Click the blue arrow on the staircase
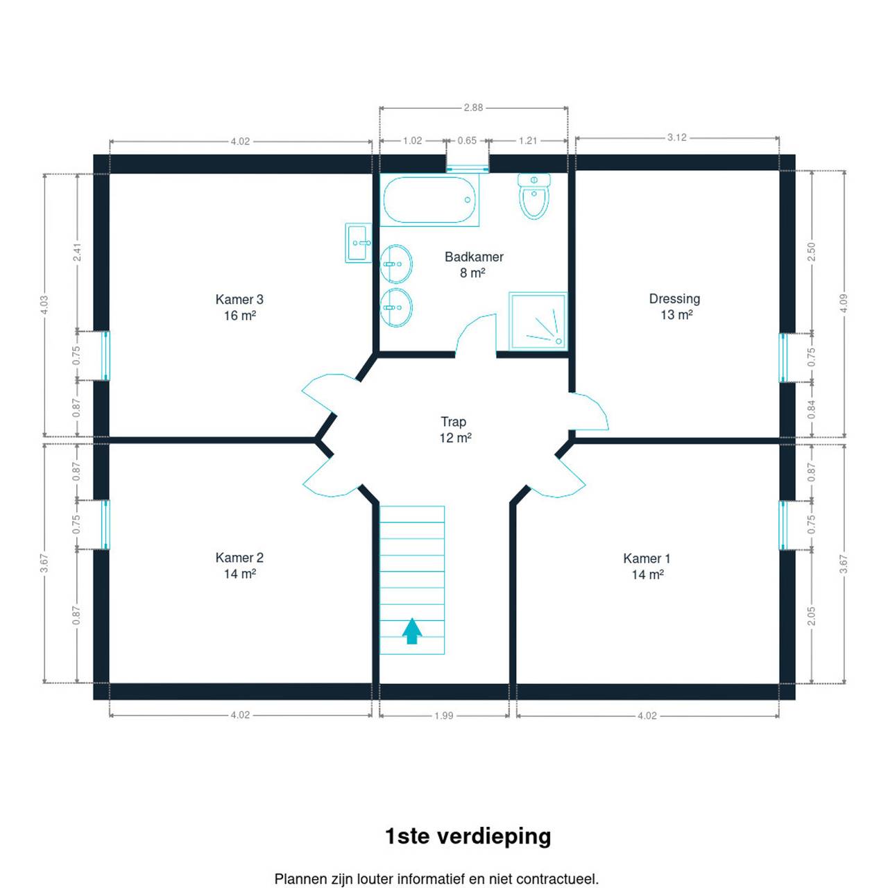(x=411, y=631)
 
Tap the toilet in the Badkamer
(x=533, y=196)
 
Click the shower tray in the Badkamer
(x=538, y=321)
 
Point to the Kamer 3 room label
(x=239, y=307)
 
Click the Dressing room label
(x=674, y=307)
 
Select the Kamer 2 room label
(x=239, y=565)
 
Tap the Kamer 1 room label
(x=647, y=566)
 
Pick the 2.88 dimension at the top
(x=473, y=108)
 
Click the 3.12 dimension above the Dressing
(x=676, y=137)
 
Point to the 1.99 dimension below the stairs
(x=443, y=716)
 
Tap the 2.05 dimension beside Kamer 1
(x=812, y=616)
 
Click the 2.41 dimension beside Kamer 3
(x=78, y=252)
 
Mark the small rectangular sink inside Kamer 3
(x=358, y=243)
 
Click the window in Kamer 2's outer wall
(x=105, y=525)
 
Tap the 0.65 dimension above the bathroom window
(x=467, y=141)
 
